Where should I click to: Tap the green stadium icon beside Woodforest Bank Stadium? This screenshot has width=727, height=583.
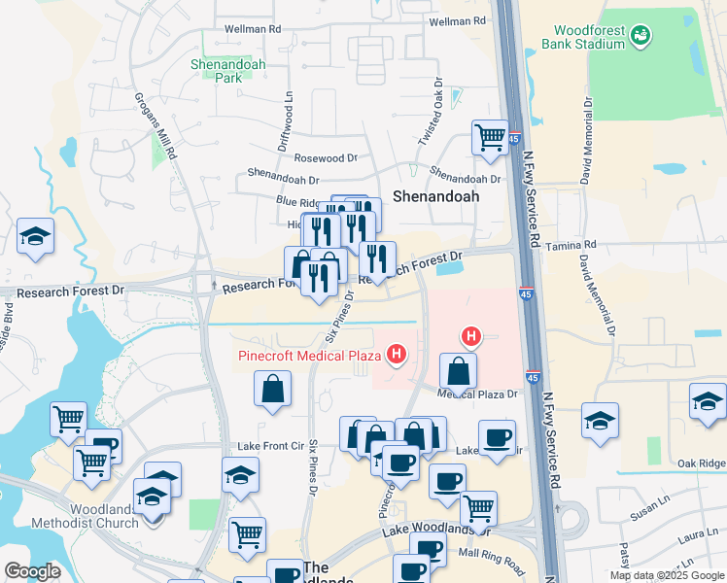(x=640, y=37)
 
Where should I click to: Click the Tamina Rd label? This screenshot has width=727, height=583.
(x=570, y=247)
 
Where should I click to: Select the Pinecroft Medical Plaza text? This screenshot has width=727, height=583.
(x=309, y=356)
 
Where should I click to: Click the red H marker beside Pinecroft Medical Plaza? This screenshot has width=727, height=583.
(x=397, y=356)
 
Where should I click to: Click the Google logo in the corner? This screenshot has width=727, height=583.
(x=32, y=571)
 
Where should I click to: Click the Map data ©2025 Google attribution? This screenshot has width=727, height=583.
(x=667, y=575)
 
